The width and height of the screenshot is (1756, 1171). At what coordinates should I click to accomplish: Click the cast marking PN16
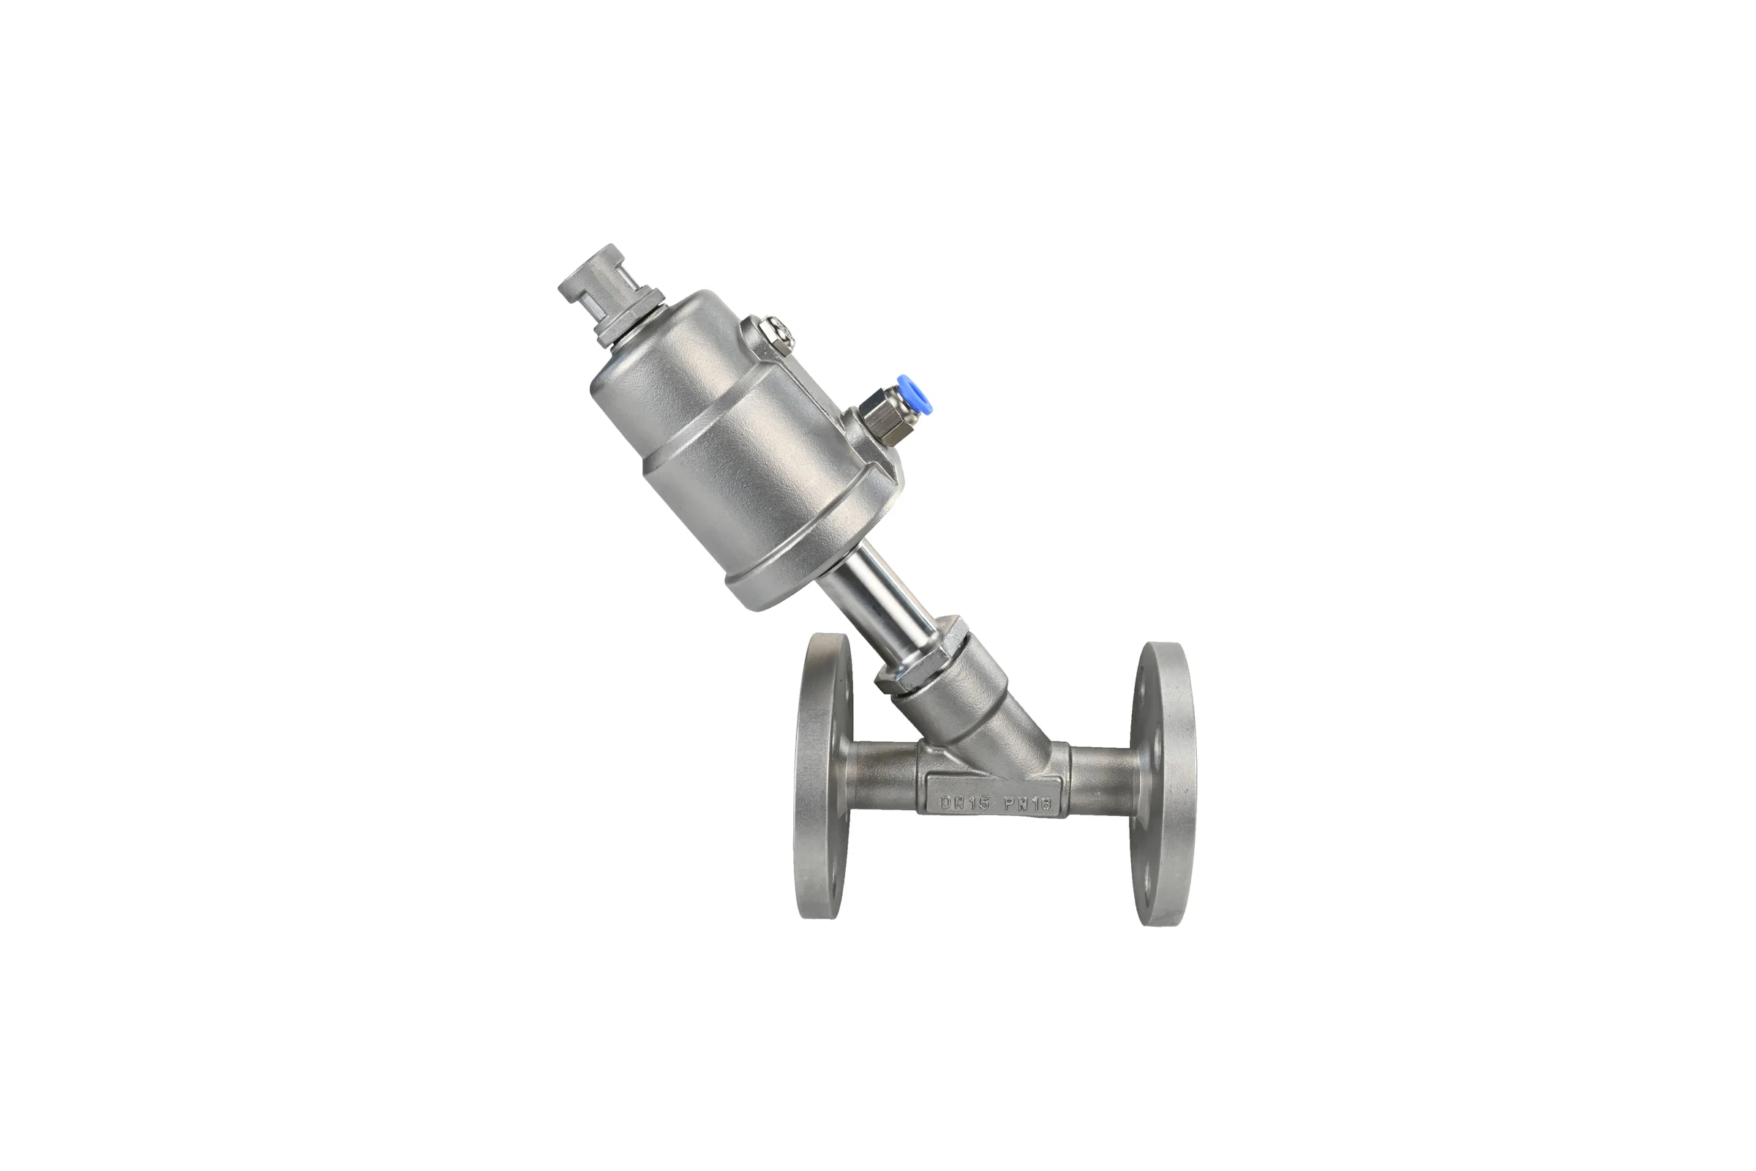[x=1027, y=804]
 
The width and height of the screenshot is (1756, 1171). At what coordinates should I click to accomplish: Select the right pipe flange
[x=1161, y=783]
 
